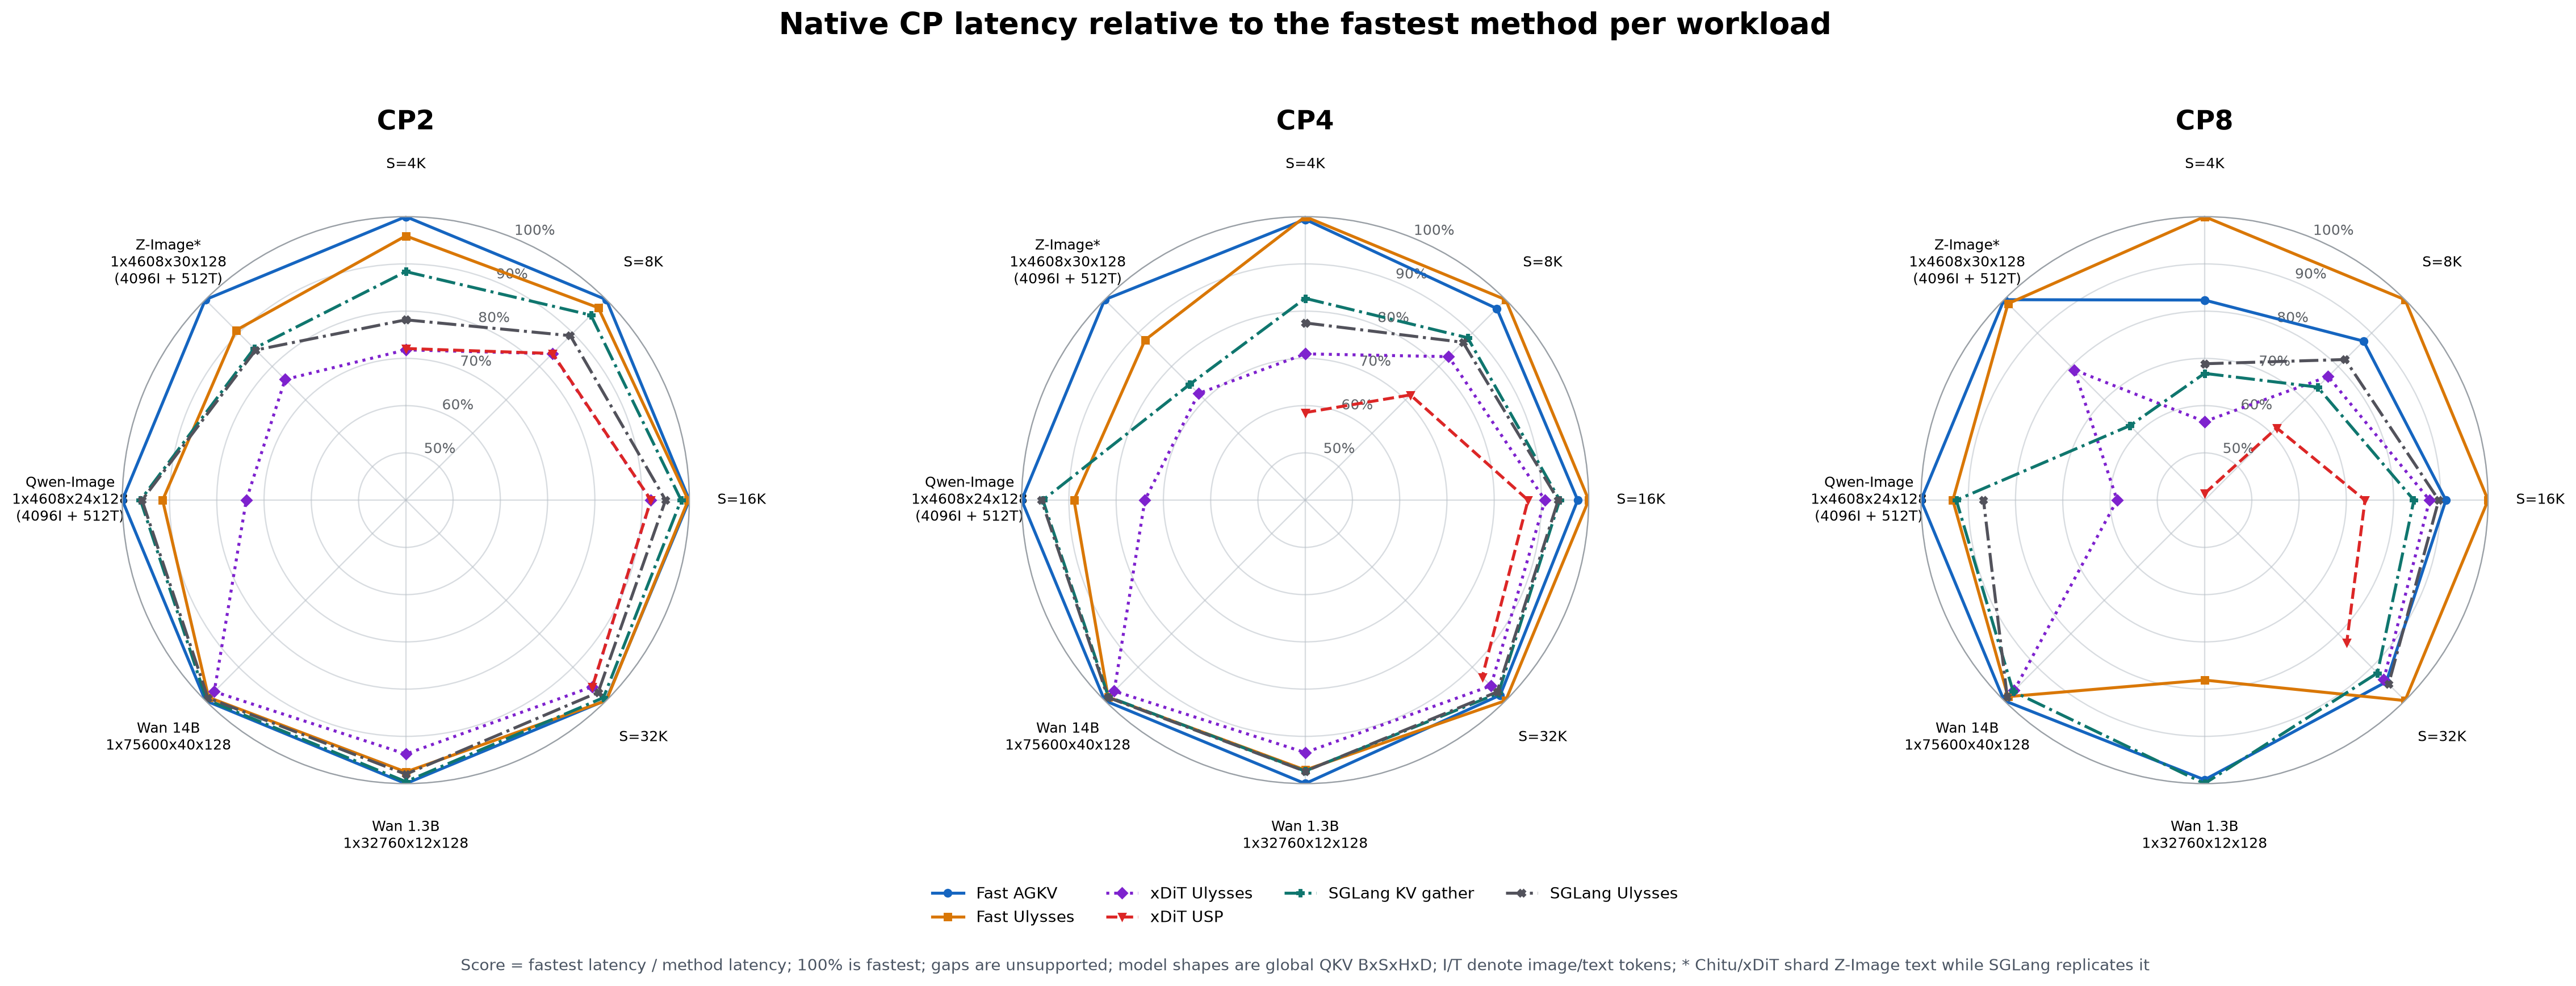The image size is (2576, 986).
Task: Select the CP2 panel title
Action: pyautogui.click(x=405, y=121)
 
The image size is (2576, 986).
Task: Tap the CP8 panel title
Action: pyautogui.click(x=2204, y=121)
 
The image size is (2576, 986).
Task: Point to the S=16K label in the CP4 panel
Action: pyautogui.click(x=1640, y=499)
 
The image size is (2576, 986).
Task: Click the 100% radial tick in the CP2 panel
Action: pyautogui.click(x=534, y=230)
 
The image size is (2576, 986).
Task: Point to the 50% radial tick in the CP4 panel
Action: pyautogui.click(x=1339, y=448)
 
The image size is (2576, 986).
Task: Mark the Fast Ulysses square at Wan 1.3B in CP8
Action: pyautogui.click(x=2204, y=680)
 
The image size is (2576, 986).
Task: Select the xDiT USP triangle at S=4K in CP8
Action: pyautogui.click(x=2204, y=492)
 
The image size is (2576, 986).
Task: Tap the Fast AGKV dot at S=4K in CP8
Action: pyautogui.click(x=2204, y=300)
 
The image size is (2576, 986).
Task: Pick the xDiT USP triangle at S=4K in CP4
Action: pyautogui.click(x=1304, y=412)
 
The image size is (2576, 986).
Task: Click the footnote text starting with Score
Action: pyautogui.click(x=1304, y=965)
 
